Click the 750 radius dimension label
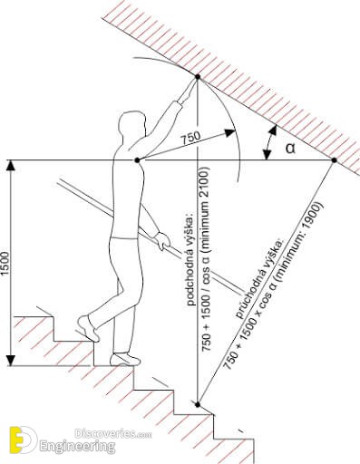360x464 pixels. [190, 138]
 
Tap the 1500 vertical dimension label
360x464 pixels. [5, 263]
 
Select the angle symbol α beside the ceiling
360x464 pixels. [290, 149]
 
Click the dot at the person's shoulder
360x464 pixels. [137, 159]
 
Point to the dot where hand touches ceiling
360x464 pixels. [198, 77]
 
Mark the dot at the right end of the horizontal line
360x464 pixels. [334, 160]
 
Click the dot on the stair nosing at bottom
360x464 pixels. [198, 404]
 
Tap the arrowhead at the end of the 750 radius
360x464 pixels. [230, 132]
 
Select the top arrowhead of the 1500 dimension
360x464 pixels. [11, 167]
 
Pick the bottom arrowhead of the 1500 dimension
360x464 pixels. [11, 360]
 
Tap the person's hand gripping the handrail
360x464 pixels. [162, 240]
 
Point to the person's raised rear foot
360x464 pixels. [88, 328]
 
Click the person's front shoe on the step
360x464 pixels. [125, 359]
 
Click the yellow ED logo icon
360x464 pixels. [23, 440]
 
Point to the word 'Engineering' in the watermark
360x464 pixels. [77, 446]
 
